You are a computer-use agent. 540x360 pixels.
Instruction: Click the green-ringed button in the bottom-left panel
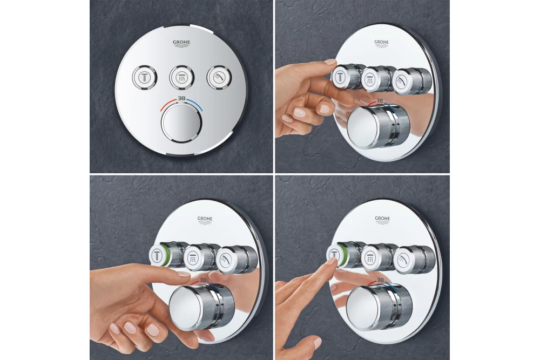pyautogui.click(x=160, y=255)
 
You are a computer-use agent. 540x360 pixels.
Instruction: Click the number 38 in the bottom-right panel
pyautogui.click(x=380, y=280)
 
